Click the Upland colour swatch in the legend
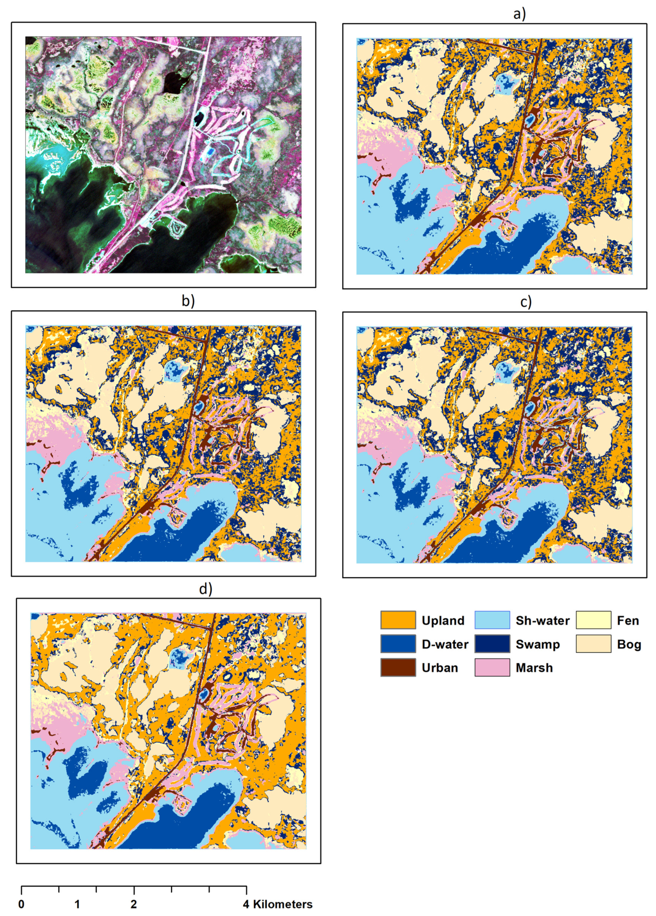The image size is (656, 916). (x=398, y=620)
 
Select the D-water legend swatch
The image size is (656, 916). (x=398, y=644)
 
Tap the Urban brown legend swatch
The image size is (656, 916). (x=398, y=667)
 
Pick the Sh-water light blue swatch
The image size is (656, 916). (x=492, y=620)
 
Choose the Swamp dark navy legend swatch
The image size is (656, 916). (x=492, y=644)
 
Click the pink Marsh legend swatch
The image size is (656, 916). (x=492, y=667)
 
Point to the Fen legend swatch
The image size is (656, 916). (x=593, y=620)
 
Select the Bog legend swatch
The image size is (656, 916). (x=593, y=644)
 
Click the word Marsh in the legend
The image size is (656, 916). (x=534, y=668)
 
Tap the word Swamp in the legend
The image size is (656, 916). (x=537, y=644)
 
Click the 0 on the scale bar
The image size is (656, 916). (x=21, y=904)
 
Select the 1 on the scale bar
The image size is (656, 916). (x=77, y=904)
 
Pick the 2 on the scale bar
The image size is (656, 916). (x=133, y=904)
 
